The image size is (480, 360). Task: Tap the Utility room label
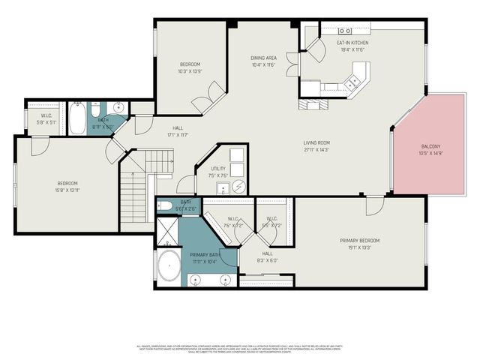tap(217, 169)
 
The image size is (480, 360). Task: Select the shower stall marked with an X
tap(166, 232)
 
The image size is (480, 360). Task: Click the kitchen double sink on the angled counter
tap(350, 85)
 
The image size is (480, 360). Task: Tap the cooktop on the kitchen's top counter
tap(345, 30)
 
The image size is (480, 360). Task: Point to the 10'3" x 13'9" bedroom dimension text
tap(190, 71)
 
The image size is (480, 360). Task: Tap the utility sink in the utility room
tap(223, 187)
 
